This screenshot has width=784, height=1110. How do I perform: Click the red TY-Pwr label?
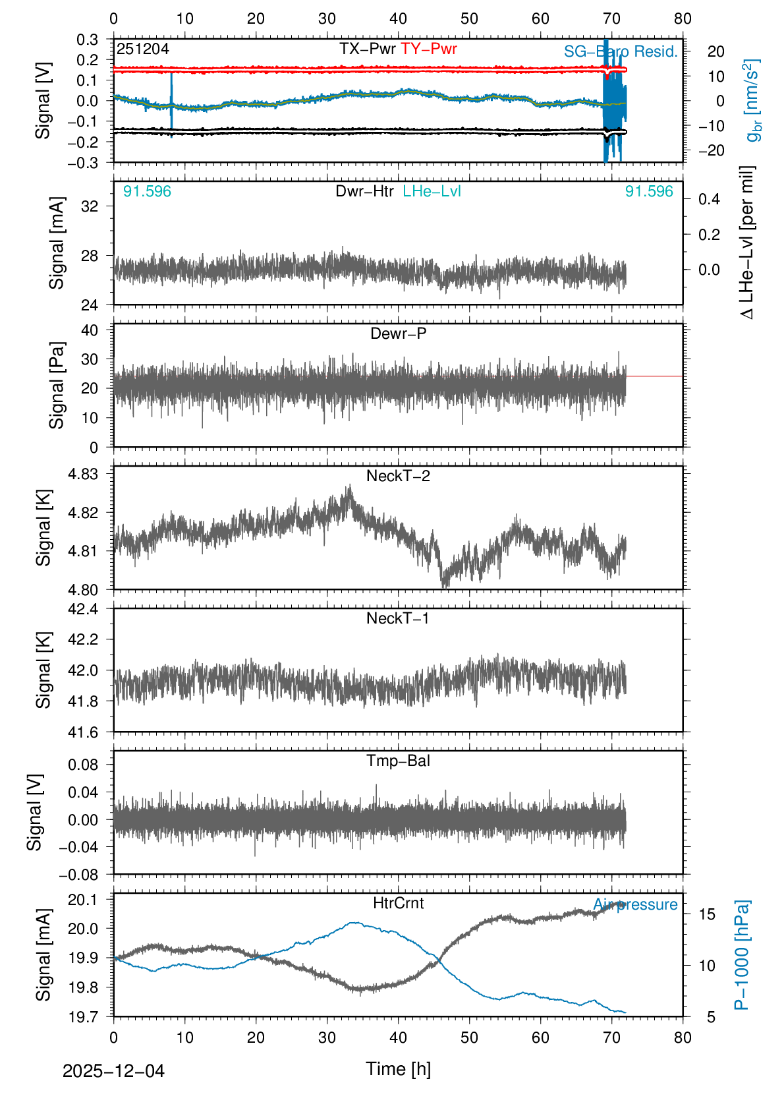pyautogui.click(x=428, y=49)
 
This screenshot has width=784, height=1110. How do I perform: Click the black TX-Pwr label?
pyautogui.click(x=367, y=49)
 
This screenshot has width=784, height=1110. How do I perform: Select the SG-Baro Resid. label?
pyautogui.click(x=621, y=51)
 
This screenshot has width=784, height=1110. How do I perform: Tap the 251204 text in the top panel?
pyautogui.click(x=143, y=49)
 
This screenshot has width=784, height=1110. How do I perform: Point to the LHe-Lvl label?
pyautogui.click(x=432, y=191)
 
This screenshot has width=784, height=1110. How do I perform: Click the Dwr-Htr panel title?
pyautogui.click(x=364, y=191)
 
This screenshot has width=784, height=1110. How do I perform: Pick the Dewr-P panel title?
pyautogui.click(x=398, y=334)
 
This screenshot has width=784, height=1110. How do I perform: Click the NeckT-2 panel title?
pyautogui.click(x=398, y=476)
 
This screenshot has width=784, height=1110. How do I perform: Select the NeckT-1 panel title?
pyautogui.click(x=398, y=618)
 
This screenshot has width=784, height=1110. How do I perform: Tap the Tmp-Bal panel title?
pyautogui.click(x=398, y=761)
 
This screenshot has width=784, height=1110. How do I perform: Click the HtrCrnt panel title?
pyautogui.click(x=398, y=903)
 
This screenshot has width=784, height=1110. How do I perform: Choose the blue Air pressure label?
pyautogui.click(x=635, y=904)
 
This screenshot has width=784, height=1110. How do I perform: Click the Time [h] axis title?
pyautogui.click(x=398, y=1068)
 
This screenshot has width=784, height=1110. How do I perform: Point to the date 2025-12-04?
pyautogui.click(x=113, y=1071)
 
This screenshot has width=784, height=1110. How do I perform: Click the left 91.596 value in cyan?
pyautogui.click(x=147, y=191)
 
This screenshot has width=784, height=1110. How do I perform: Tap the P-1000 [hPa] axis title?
pyautogui.click(x=742, y=954)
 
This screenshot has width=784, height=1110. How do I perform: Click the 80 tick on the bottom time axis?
pyautogui.click(x=683, y=1037)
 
